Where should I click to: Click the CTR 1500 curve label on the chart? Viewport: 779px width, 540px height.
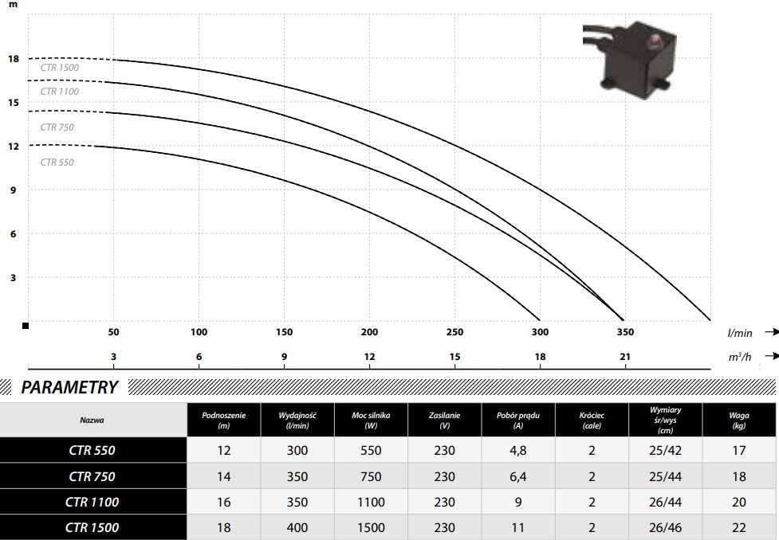coord(60,68)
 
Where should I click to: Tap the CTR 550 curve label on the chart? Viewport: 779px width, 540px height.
coord(57,162)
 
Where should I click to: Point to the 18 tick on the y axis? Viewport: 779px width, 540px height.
coord(14,59)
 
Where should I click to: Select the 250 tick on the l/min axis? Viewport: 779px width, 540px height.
coord(454,332)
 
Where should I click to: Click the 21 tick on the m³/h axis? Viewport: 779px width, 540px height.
coord(625,356)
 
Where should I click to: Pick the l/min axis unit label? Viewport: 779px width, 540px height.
coord(740,333)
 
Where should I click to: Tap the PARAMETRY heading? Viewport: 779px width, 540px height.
coord(69,387)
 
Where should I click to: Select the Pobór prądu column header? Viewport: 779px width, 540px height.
coord(518,420)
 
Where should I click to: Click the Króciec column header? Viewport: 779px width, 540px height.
coord(592,420)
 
